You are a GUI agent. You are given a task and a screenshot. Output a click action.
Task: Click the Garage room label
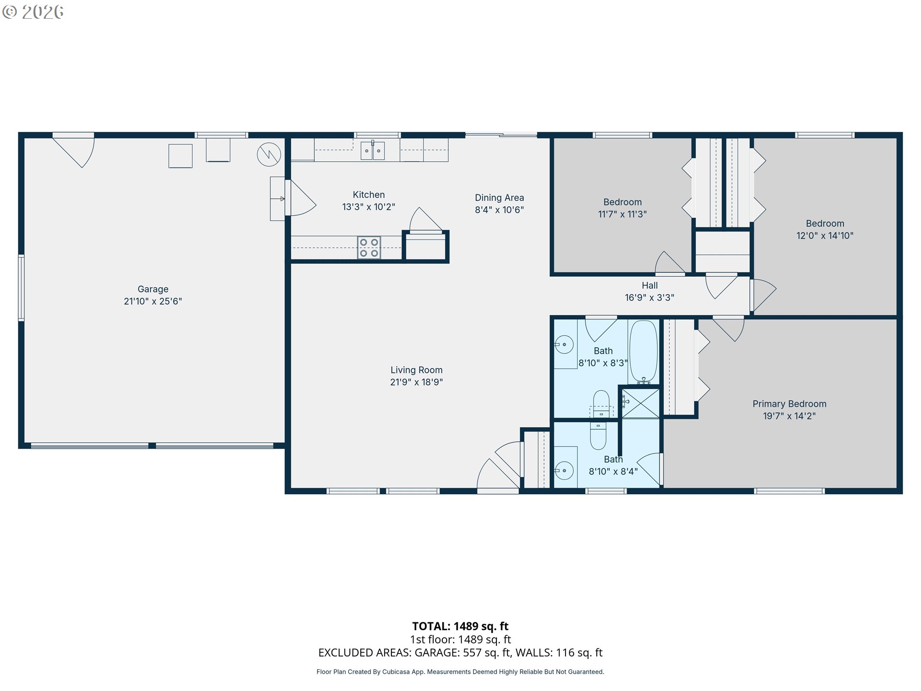(x=153, y=289)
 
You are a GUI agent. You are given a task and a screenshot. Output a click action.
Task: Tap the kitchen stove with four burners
(x=369, y=248)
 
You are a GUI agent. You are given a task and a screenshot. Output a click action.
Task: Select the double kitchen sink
(x=373, y=151)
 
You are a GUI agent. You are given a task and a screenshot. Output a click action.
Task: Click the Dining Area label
(x=499, y=198)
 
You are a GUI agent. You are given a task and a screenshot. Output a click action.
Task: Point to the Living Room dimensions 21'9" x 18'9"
(x=416, y=382)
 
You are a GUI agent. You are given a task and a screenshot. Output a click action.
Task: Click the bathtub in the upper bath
(x=643, y=351)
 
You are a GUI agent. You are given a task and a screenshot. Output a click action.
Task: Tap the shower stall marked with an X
(x=640, y=403)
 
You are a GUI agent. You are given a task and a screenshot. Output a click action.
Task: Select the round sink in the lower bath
(x=565, y=470)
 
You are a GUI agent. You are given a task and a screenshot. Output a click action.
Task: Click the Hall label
(x=649, y=286)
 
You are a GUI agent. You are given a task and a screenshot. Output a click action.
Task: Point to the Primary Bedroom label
(x=789, y=404)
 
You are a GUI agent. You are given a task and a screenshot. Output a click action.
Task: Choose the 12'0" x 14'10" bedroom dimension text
(x=825, y=236)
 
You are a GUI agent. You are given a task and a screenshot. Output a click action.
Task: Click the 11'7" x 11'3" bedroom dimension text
(x=622, y=214)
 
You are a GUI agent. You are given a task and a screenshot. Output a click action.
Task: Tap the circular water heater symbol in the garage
(x=269, y=155)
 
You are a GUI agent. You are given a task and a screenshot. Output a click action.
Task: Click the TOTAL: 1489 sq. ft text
(x=460, y=626)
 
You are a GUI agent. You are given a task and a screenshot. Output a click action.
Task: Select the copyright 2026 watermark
(x=33, y=12)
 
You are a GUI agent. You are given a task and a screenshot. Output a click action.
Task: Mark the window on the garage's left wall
(x=21, y=288)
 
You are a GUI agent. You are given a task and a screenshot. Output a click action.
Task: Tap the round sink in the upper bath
(x=565, y=345)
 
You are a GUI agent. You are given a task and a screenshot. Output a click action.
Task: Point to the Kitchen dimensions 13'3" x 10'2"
(x=368, y=207)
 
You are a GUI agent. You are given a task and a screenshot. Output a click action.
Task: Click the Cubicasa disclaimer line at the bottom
(x=460, y=672)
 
